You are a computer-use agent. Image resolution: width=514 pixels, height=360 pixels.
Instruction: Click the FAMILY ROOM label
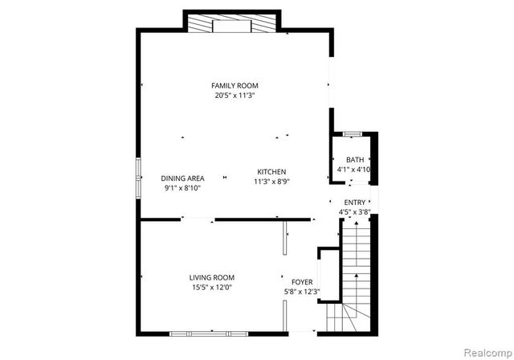pyautogui.click(x=235, y=86)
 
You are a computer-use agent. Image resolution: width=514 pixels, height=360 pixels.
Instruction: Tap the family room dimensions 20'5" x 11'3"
pyautogui.click(x=235, y=96)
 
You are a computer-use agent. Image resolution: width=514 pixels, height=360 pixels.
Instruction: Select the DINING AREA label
pyautogui.click(x=182, y=178)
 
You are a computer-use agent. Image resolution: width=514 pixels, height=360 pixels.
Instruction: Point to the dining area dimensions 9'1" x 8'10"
pyautogui.click(x=182, y=188)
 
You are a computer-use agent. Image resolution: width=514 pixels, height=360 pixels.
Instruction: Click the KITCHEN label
pyautogui.click(x=271, y=172)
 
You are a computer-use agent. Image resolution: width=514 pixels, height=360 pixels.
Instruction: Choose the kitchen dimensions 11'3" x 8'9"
pyautogui.click(x=271, y=182)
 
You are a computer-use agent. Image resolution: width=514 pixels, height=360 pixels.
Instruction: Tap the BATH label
pyautogui.click(x=354, y=160)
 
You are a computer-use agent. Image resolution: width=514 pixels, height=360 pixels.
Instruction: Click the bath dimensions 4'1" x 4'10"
pyautogui.click(x=354, y=170)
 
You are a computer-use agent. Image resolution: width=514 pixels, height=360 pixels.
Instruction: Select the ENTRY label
pyautogui.click(x=355, y=202)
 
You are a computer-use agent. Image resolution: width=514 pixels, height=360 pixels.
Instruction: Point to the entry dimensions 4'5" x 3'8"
pyautogui.click(x=355, y=212)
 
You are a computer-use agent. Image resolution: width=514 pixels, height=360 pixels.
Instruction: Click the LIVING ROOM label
pyautogui.click(x=211, y=277)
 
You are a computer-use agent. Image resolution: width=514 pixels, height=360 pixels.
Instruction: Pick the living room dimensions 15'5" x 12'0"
pyautogui.click(x=211, y=287)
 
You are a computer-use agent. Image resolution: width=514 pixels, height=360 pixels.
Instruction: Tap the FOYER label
pyautogui.click(x=302, y=282)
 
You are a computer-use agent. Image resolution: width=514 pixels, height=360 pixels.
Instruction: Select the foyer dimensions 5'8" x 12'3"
pyautogui.click(x=302, y=292)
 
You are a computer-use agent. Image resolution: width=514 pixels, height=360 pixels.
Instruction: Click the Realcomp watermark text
pyautogui.click(x=484, y=351)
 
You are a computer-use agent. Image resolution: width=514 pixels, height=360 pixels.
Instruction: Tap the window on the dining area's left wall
pyautogui.click(x=138, y=177)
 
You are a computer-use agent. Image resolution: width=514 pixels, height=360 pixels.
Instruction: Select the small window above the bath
pyautogui.click(x=352, y=133)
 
